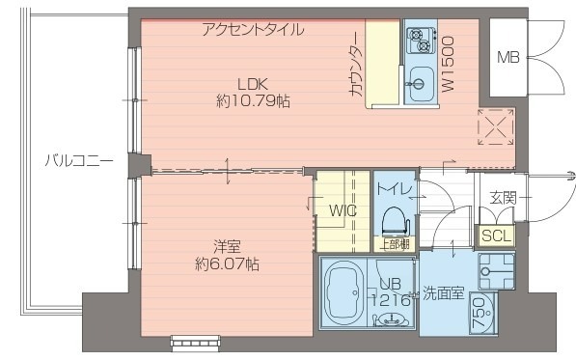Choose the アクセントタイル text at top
click(253, 29)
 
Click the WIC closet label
click(343, 210)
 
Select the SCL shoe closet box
click(497, 235)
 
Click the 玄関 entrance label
click(503, 198)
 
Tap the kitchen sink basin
click(420, 79)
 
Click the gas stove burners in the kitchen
click(420, 42)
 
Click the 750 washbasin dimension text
click(480, 315)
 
